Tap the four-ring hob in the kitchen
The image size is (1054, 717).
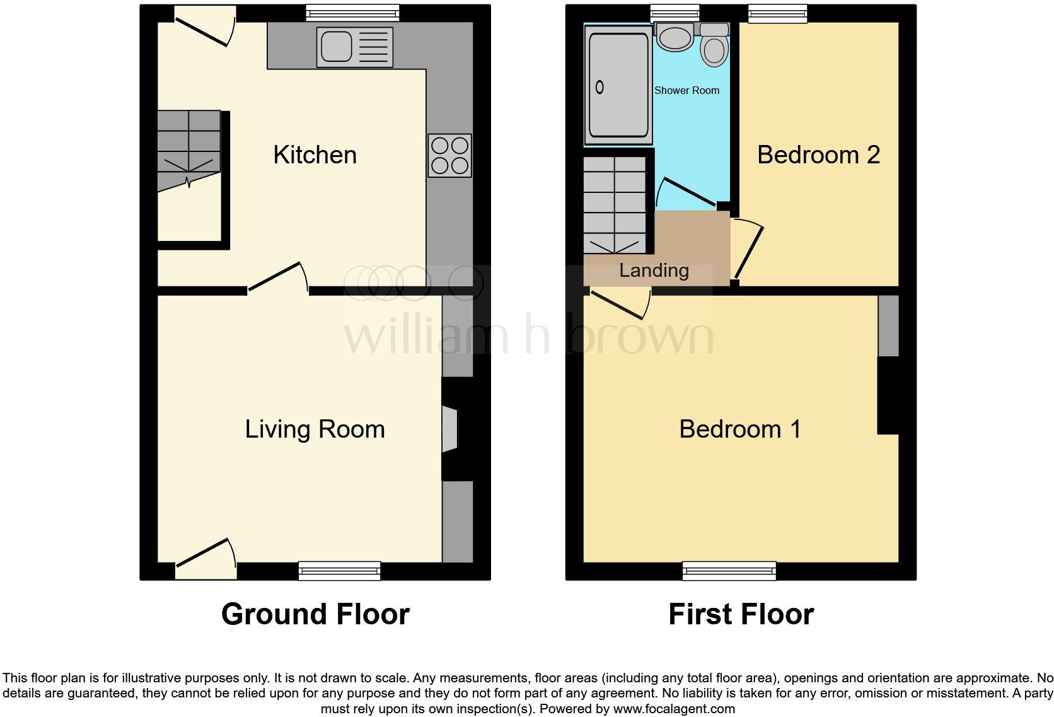tap(449, 155)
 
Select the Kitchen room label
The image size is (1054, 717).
tap(315, 155)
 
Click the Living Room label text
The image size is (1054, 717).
tap(315, 429)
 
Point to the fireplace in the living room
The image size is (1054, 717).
tap(450, 429)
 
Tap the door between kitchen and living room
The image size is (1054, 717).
tap(277, 277)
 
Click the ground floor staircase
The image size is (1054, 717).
tap(188, 151)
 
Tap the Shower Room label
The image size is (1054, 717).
tap(686, 90)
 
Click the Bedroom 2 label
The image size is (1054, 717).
tap(818, 155)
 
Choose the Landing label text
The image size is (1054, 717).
tap(654, 271)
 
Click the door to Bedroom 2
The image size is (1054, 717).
tap(749, 249)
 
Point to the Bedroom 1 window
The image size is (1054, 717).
tap(729, 571)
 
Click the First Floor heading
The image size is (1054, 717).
tap(741, 614)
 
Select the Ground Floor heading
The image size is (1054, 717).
tap(315, 614)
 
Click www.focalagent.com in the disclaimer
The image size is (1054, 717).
tap(674, 709)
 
